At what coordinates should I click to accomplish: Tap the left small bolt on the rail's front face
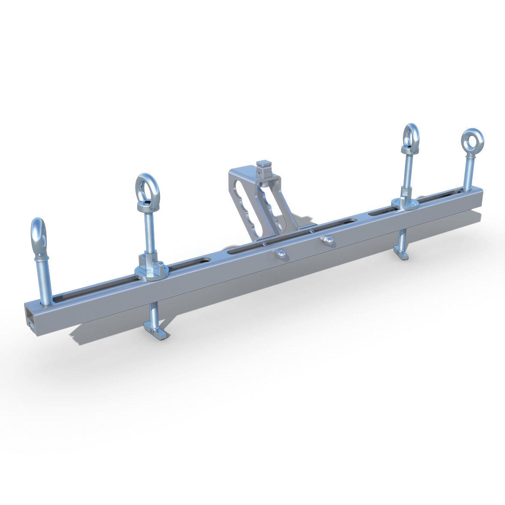(280, 254)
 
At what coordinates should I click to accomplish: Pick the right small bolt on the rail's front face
(328, 241)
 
